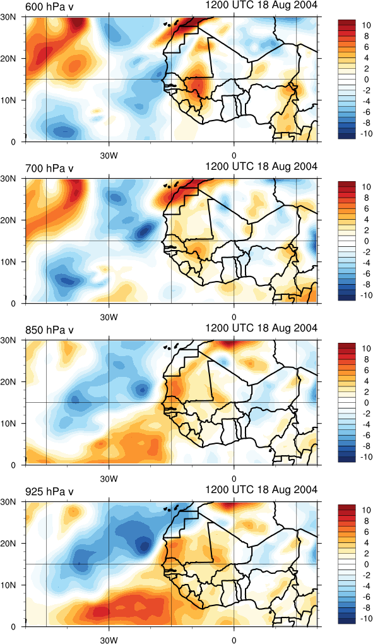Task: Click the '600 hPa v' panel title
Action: coord(49,7)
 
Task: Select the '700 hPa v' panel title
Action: coord(49,169)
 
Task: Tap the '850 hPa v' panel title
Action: coord(49,330)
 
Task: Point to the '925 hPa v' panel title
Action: coord(49,492)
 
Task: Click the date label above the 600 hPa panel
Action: coord(261,5)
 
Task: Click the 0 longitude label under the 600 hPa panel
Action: coord(234,156)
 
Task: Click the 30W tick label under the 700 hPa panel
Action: coord(109,317)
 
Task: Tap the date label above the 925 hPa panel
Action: coord(261,489)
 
